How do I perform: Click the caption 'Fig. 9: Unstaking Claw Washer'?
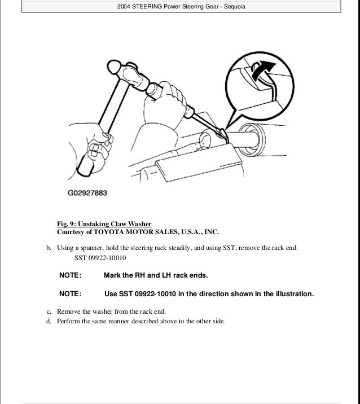click(104, 223)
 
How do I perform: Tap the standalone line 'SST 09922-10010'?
click(100, 258)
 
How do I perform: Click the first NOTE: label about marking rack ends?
click(71, 275)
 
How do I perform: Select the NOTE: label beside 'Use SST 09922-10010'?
click(71, 295)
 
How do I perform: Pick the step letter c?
click(48, 311)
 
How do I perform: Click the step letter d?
click(48, 321)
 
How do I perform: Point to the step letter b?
click(48, 248)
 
